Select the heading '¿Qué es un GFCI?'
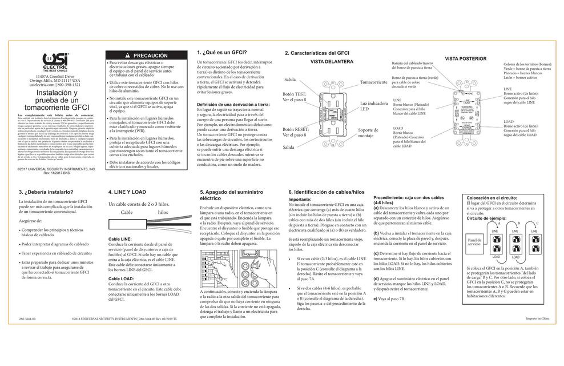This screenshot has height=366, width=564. pos(221,52)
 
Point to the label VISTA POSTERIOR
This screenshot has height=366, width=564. pos(465,58)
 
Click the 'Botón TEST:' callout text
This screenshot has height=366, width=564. pos(296,95)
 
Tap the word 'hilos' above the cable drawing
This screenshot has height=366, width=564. pos(163,212)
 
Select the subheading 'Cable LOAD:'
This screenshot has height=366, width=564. pos(121,279)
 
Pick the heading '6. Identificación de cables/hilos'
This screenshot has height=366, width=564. pos(326,192)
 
